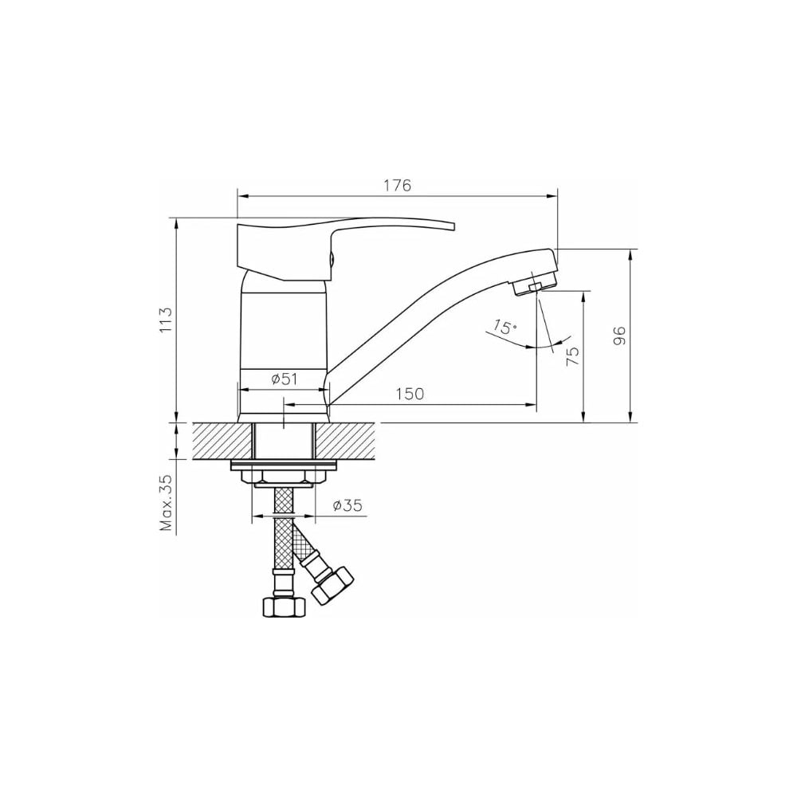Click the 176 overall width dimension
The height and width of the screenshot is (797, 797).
coord(397,186)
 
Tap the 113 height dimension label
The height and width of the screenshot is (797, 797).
coord(167,320)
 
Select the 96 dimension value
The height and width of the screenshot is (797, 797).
coord(619,336)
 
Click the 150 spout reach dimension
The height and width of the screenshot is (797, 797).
coord(410,394)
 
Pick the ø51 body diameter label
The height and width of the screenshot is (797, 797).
coord(284,379)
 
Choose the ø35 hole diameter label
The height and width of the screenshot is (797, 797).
coord(347,505)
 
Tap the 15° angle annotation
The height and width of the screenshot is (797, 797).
coord(504,327)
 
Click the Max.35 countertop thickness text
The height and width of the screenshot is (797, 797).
coord(167,503)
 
